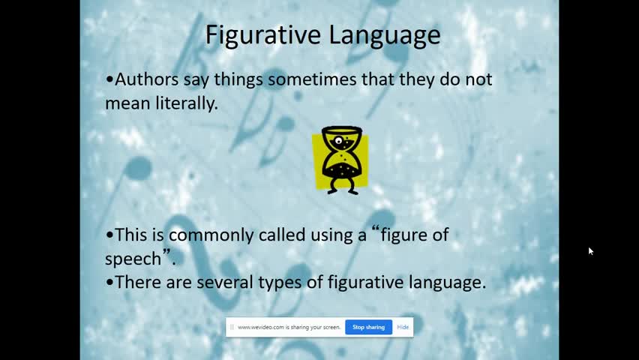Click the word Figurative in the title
coord(264,35)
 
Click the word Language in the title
coord(385,35)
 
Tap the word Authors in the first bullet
coord(147,79)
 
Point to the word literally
coord(187,103)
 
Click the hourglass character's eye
coord(339,141)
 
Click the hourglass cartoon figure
coord(340,160)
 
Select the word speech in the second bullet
coord(133,259)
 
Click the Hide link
coord(403,327)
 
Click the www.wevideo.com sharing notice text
coord(289,327)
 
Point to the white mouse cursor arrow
coord(591,251)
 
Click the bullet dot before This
coord(109,235)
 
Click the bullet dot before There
coord(109,283)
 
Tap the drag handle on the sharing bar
coord(232,327)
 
